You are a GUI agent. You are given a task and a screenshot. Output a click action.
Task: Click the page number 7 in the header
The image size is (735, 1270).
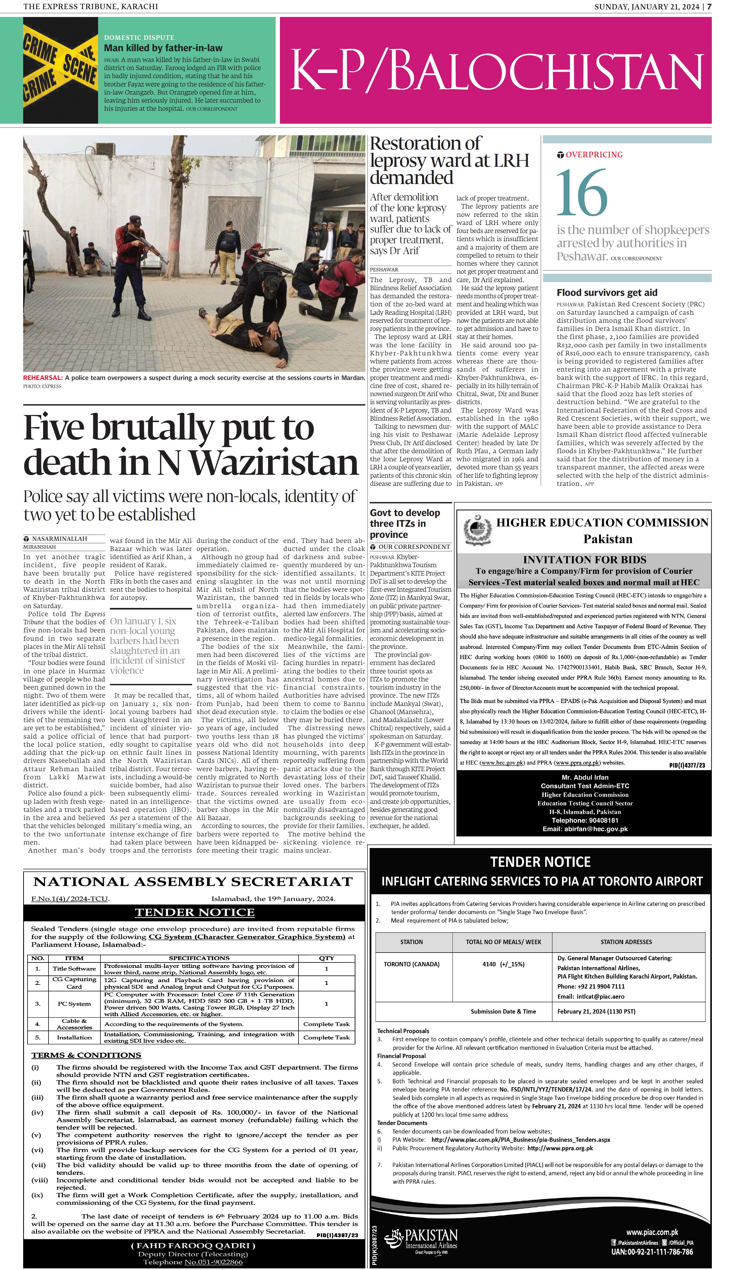tap(709, 6)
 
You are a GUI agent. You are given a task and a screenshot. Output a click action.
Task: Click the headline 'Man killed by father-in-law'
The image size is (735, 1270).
tap(163, 48)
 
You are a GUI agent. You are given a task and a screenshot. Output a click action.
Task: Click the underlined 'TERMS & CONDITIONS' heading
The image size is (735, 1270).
tap(86, 1055)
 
